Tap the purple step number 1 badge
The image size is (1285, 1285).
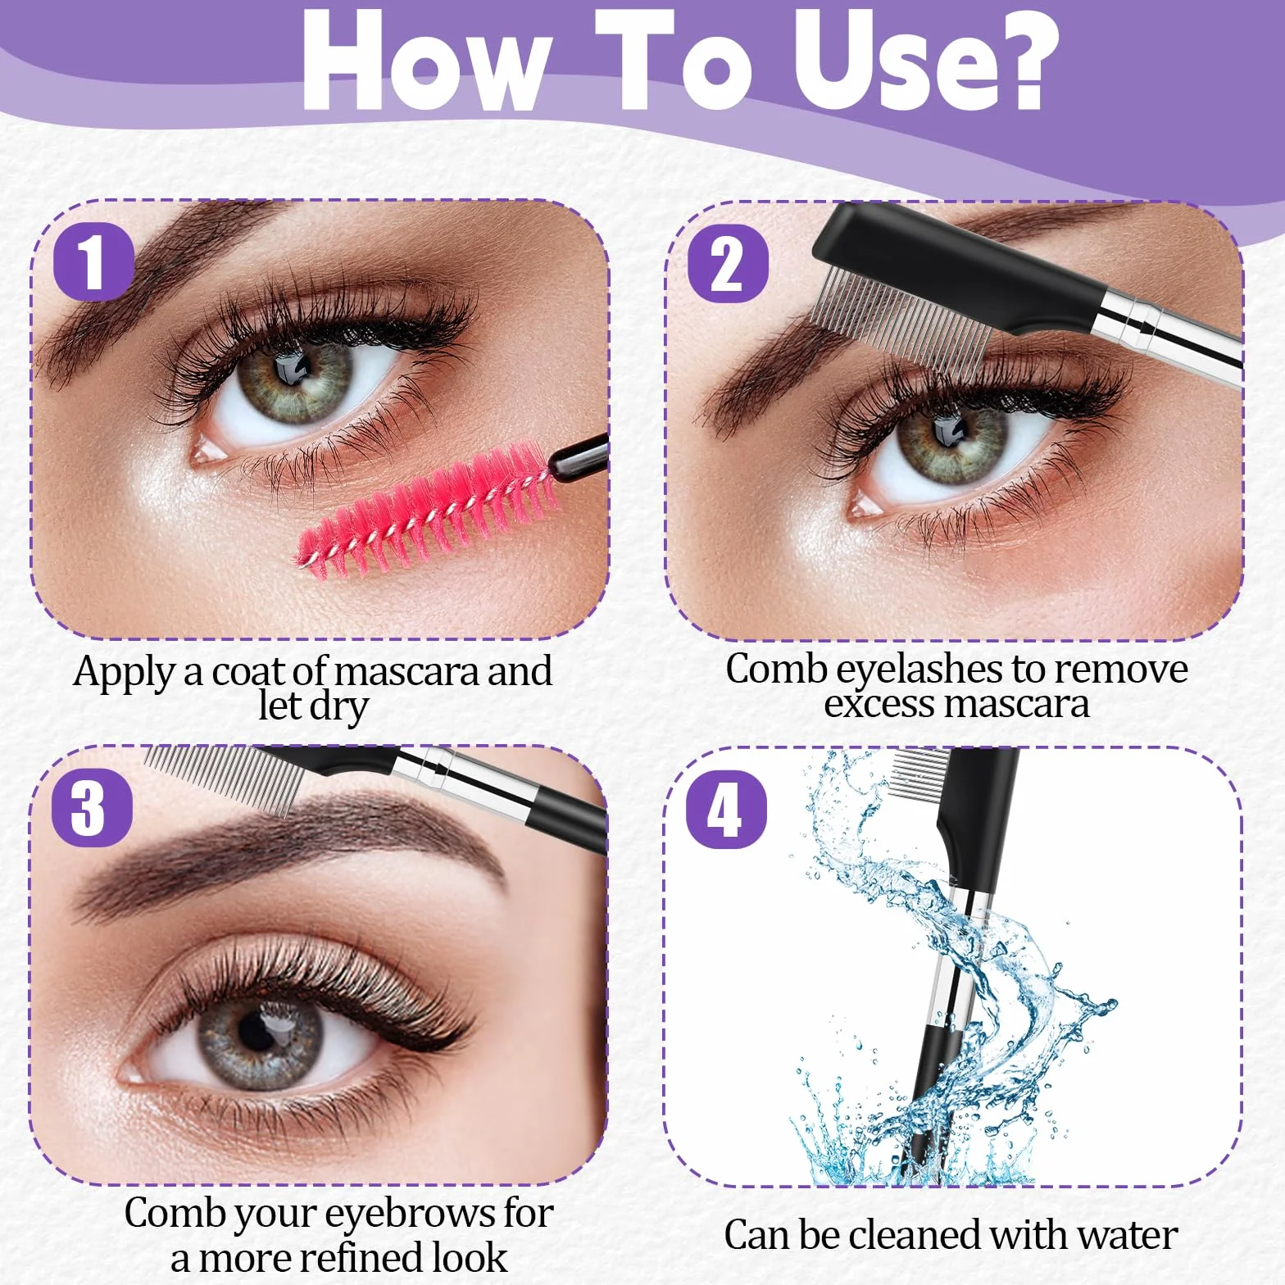tap(93, 262)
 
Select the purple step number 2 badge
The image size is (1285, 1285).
tap(728, 264)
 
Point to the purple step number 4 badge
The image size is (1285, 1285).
tap(726, 810)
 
